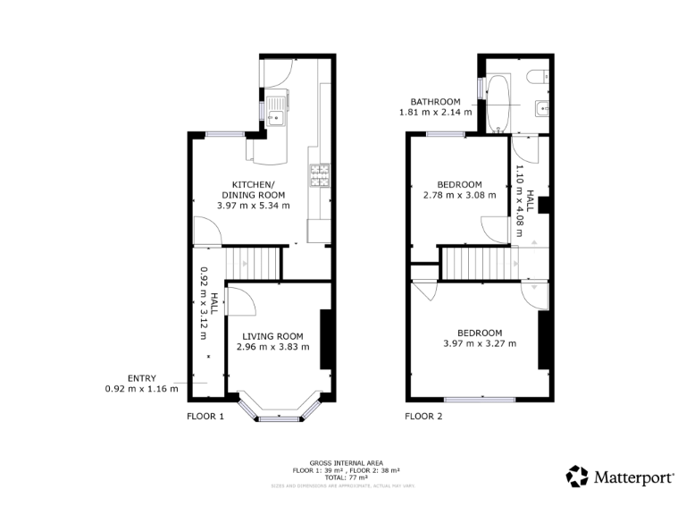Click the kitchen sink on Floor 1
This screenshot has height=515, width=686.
click(x=276, y=111)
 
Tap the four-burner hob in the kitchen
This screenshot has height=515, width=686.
click(x=319, y=176)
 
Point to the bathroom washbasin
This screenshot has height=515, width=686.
click(x=540, y=109)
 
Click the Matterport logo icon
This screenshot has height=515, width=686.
click(x=577, y=477)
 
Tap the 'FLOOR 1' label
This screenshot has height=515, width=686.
click(x=205, y=417)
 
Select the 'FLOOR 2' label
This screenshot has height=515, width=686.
click(x=423, y=417)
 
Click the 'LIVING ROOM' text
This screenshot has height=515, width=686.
click(x=272, y=336)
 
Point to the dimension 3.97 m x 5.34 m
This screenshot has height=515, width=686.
click(x=254, y=206)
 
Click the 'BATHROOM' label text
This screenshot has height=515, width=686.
click(x=435, y=101)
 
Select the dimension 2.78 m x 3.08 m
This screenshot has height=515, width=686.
click(x=458, y=195)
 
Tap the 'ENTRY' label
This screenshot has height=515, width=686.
click(x=142, y=378)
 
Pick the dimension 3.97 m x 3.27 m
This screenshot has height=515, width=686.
click(x=480, y=342)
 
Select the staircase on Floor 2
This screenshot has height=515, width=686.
click(x=481, y=264)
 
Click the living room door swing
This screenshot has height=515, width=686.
click(x=241, y=299)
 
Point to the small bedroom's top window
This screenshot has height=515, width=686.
click(x=444, y=134)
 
